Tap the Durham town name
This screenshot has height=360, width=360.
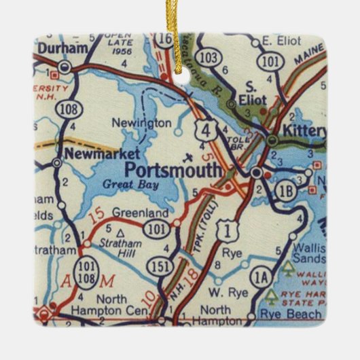click(x=63, y=50)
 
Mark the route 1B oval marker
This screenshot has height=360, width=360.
click(x=286, y=192)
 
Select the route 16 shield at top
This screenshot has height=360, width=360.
click(x=164, y=40)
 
